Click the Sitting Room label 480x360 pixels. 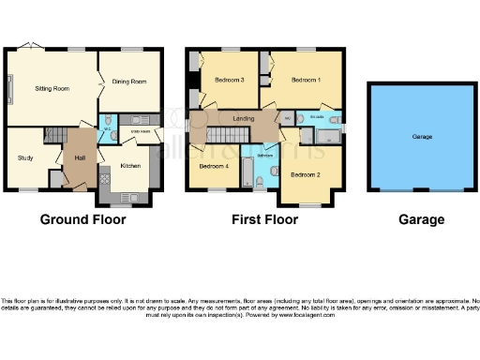tap(52, 88)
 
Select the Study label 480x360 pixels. tap(25, 157)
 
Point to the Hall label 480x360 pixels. tap(80, 157)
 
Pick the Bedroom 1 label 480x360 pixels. tap(307, 80)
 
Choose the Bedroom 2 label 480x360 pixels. tap(306, 174)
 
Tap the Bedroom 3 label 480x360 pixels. tap(230, 80)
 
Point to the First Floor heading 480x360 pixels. tap(264, 220)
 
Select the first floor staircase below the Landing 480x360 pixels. tap(223, 138)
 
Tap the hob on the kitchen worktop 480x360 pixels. tap(131, 198)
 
